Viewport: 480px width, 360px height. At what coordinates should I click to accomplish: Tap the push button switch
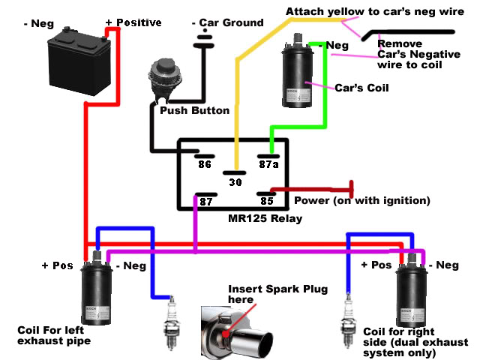[165, 80]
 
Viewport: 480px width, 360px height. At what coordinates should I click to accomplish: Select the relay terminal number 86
[205, 164]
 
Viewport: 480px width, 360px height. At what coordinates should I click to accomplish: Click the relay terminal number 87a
[268, 164]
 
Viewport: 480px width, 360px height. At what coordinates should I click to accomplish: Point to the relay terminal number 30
[235, 182]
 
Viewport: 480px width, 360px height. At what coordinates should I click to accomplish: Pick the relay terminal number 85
[267, 201]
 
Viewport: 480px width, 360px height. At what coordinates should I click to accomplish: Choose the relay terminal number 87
[206, 202]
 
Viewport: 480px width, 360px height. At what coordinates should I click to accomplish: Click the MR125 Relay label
[265, 218]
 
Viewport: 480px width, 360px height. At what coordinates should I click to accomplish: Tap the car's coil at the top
[298, 72]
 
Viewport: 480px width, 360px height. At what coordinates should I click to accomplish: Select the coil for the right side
[412, 290]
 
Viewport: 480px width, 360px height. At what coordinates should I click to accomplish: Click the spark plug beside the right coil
[348, 321]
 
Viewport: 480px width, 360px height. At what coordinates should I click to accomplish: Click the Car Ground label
[228, 22]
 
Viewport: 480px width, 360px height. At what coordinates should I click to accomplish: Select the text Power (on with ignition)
[362, 201]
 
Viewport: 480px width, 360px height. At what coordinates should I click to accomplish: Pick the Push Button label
[195, 110]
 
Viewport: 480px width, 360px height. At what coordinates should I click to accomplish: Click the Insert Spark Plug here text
[278, 294]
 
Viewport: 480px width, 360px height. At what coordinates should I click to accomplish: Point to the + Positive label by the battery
[133, 22]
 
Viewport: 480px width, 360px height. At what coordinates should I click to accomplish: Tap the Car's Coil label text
[361, 88]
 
